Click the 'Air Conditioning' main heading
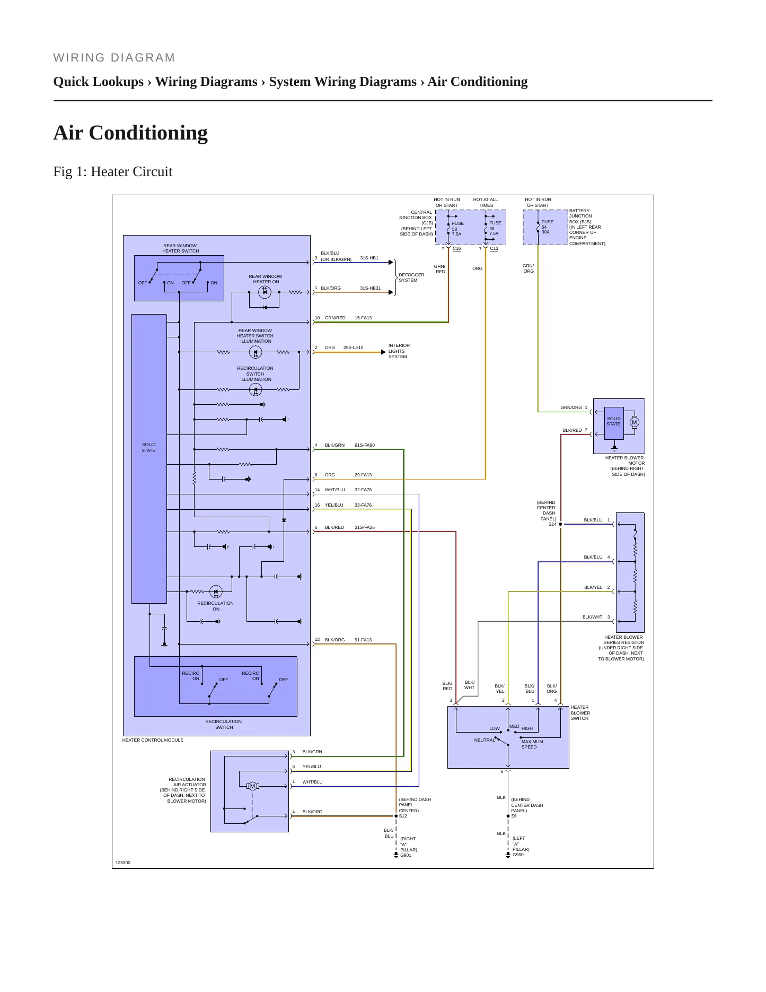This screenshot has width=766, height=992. [x=130, y=133]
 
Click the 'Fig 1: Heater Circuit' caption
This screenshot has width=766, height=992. [x=113, y=171]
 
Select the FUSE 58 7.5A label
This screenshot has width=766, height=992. [x=457, y=229]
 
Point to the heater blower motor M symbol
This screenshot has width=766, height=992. [x=635, y=422]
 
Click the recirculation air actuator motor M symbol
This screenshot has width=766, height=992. [x=252, y=786]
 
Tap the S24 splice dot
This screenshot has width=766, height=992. [x=560, y=524]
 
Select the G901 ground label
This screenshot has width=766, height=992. [x=406, y=855]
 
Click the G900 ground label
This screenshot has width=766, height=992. [x=518, y=855]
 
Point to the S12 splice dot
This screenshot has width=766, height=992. [x=396, y=816]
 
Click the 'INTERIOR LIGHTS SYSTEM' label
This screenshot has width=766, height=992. [x=399, y=351]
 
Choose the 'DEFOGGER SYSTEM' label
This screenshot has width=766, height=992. [x=411, y=277]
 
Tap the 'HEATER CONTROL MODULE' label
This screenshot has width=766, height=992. [x=153, y=740]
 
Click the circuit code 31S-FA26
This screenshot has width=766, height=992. [x=365, y=527]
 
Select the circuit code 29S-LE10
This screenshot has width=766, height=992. [x=353, y=347]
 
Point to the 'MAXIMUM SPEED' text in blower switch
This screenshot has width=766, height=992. [x=532, y=744]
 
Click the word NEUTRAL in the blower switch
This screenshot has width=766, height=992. [x=485, y=740]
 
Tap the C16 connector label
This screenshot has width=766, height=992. [x=456, y=248]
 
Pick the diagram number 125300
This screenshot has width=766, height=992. [x=123, y=863]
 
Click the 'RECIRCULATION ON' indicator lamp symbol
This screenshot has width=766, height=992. [x=215, y=591]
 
